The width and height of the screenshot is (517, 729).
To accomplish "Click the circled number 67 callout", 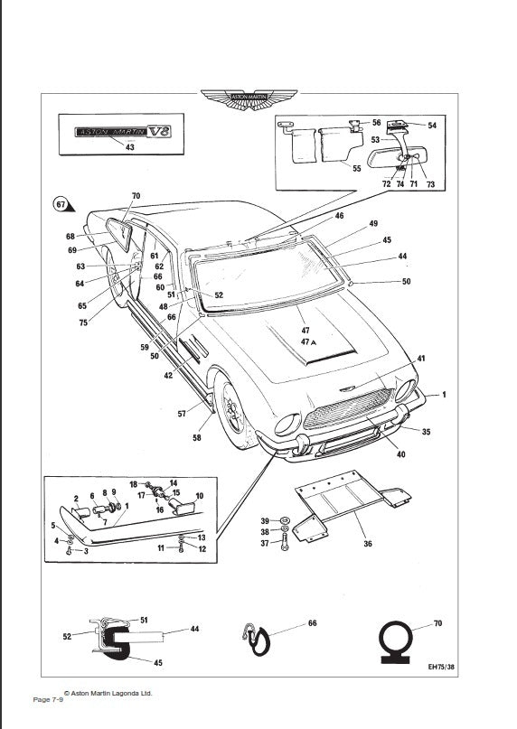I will tap(61, 204).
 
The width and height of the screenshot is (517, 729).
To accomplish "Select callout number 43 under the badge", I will tap(129, 147).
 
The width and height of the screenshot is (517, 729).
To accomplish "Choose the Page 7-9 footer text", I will tap(48, 700).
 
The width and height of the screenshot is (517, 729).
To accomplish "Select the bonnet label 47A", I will tap(306, 343).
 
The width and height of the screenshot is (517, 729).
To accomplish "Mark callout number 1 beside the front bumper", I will tap(443, 396).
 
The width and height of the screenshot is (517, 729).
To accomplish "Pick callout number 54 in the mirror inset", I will tap(432, 126).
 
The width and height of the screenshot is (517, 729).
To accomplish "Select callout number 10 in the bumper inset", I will tap(200, 496).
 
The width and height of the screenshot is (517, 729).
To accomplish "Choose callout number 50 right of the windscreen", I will tap(406, 283).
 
